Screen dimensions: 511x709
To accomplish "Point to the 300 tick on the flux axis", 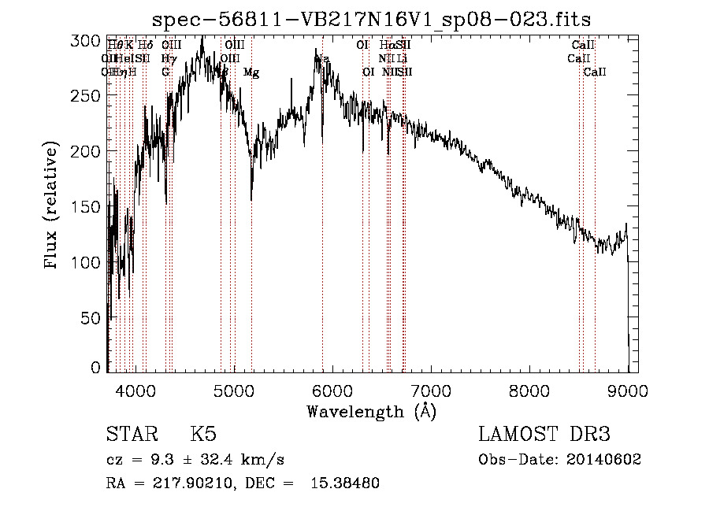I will coord(93,40).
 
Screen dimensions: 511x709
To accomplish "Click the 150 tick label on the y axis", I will coord(93,206).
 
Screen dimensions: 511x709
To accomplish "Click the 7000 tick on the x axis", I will coord(430,390).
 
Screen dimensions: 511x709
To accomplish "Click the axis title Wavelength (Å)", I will coord(371,410).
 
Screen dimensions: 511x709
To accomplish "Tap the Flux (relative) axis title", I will coord(53,206).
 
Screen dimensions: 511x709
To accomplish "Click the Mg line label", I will coord(251,72).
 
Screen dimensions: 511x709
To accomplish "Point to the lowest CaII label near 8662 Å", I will coord(595,72).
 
